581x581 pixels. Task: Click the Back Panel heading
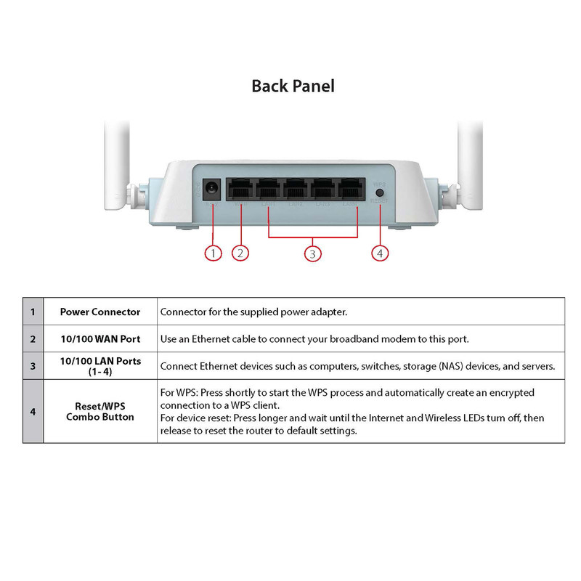pos(293,86)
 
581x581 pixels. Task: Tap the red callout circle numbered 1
pos(212,253)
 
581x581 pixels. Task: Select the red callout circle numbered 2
pos(241,253)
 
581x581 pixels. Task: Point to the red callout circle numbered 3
pos(312,253)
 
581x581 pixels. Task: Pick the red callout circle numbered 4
pos(381,253)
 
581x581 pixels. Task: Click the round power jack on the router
pos(212,190)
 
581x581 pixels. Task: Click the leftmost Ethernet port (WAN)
pos(240,190)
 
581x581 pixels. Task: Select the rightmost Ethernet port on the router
pos(351,190)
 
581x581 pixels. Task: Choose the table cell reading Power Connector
pos(100,312)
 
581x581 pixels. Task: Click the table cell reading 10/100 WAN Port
pos(100,338)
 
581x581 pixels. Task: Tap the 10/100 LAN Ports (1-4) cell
pos(100,365)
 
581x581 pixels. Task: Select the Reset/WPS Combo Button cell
pos(100,411)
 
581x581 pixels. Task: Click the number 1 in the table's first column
pos(33,312)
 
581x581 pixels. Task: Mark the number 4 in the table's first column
pos(33,411)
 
